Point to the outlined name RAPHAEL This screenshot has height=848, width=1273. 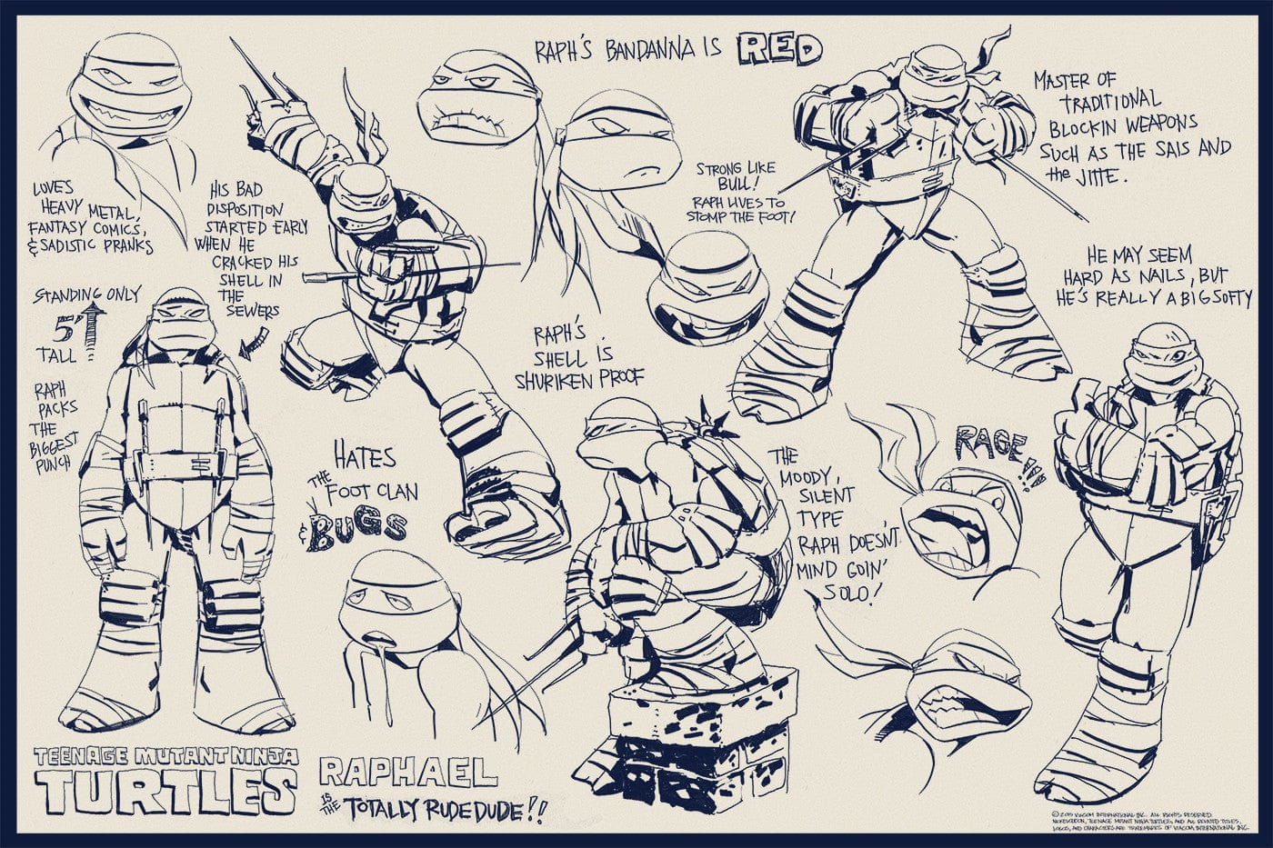click(408, 772)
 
